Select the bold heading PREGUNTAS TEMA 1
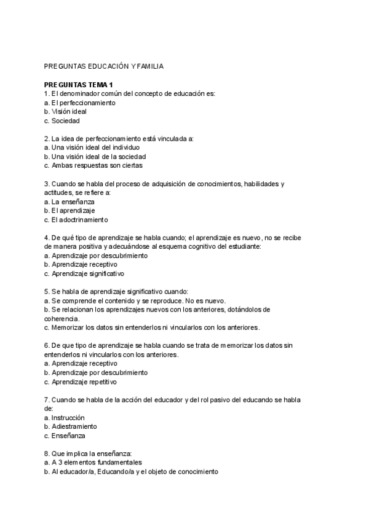click(79, 84)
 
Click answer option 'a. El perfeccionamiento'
click(80, 103)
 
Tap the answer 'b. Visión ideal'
click(66, 112)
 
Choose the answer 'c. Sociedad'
click(62, 121)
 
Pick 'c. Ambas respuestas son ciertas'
click(93, 165)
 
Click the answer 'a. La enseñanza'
click(69, 202)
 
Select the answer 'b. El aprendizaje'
click(69, 211)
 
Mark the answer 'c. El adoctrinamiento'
click(76, 219)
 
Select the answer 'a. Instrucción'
click(65, 417)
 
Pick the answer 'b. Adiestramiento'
click(71, 426)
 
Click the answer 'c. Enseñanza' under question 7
click(65, 436)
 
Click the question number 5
click(47, 292)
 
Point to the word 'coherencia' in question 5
click(61, 319)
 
